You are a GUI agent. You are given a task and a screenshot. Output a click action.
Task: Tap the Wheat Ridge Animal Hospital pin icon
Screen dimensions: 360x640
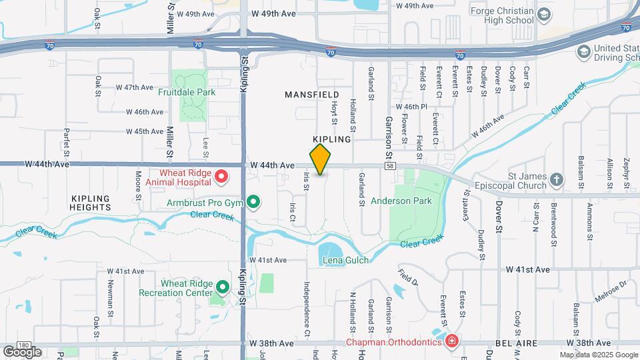tap(221, 177)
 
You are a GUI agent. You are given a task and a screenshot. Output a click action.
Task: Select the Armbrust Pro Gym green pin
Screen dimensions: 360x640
tap(253, 201)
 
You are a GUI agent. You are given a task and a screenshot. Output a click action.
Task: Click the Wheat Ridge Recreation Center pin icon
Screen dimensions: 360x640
tap(223, 288)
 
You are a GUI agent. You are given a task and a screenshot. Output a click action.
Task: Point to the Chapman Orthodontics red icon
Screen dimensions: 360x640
tap(452, 342)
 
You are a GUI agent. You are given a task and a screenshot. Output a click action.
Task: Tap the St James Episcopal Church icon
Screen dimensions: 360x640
tap(556, 180)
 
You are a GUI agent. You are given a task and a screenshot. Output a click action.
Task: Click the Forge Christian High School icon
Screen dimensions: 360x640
tap(545, 15)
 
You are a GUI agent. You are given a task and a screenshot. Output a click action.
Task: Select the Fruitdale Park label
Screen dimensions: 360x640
tap(187, 92)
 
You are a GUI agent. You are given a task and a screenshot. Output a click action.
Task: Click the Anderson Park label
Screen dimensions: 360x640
tap(401, 201)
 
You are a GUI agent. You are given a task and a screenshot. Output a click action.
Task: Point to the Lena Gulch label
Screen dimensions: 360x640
tap(345, 260)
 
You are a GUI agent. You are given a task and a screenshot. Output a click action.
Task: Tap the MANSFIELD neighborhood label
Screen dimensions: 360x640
tap(312, 95)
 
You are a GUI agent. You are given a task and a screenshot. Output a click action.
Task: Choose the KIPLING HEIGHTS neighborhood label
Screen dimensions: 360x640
tap(89, 203)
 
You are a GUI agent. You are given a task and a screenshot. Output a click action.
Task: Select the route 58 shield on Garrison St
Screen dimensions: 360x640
tap(389, 165)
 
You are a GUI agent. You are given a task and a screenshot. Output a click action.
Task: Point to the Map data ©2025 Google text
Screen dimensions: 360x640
tap(598, 355)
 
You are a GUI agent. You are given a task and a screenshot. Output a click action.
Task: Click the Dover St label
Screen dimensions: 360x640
tap(498, 218)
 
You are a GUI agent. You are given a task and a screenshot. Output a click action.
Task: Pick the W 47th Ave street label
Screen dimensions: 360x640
tap(135, 87)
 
